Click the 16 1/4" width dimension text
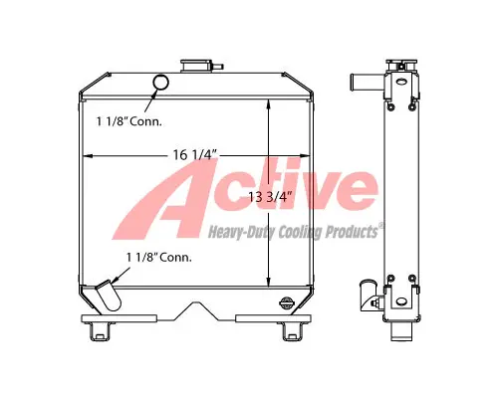(x=195, y=154)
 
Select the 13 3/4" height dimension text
(x=270, y=197)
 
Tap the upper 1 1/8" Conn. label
(x=129, y=121)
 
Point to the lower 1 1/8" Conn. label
(x=159, y=257)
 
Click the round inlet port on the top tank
(x=160, y=82)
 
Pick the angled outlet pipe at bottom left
(x=109, y=296)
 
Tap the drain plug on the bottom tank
(x=287, y=302)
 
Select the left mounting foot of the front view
(x=99, y=331)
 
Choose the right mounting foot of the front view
(x=292, y=331)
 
